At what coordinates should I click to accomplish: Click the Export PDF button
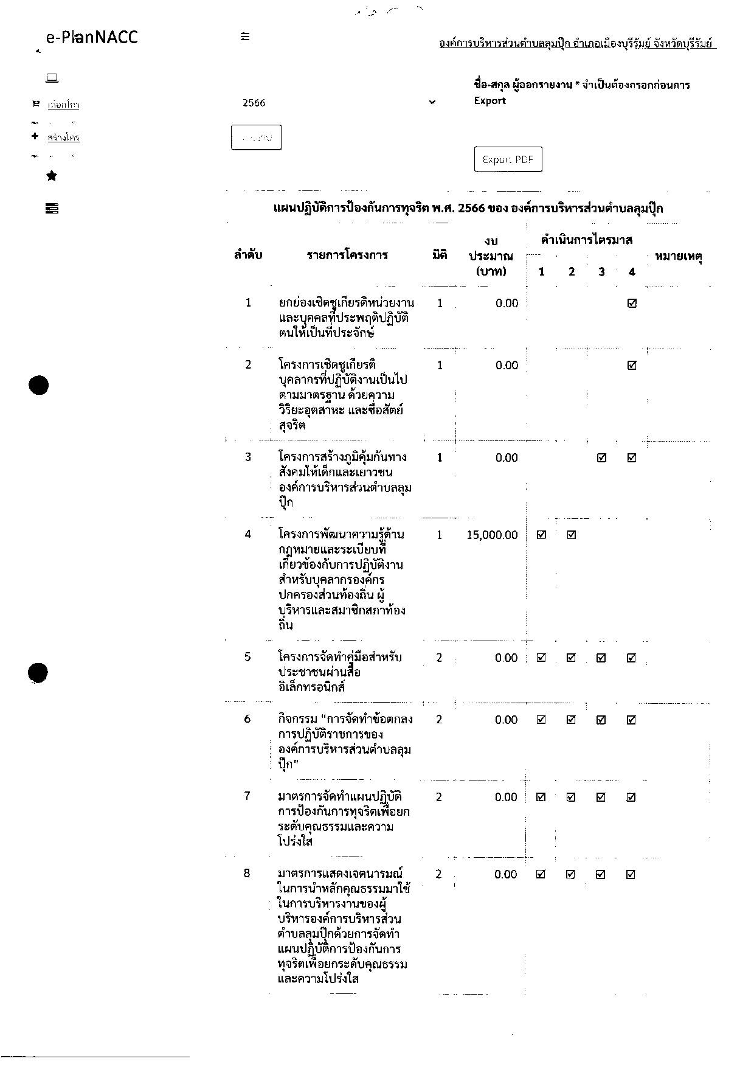[508, 159]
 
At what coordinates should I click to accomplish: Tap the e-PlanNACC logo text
[92, 37]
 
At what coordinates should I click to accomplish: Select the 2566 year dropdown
[338, 103]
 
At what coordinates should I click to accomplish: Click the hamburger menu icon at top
[245, 36]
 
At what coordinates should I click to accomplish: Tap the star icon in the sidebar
[52, 176]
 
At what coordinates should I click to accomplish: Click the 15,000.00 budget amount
[492, 535]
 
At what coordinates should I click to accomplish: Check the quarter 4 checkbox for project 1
[632, 304]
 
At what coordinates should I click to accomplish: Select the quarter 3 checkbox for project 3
[601, 458]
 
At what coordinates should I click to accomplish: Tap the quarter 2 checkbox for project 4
[572, 535]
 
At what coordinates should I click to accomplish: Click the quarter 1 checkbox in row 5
[541, 658]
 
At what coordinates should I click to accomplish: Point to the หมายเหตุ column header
[679, 256]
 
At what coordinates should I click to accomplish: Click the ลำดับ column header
[248, 255]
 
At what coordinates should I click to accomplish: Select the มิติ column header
[440, 255]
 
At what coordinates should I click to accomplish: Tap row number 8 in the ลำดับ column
[247, 874]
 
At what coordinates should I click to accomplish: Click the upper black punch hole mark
[39, 385]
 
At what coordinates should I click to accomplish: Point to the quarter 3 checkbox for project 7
[601, 797]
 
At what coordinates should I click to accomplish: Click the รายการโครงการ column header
[347, 255]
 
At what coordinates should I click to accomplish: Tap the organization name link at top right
[577, 44]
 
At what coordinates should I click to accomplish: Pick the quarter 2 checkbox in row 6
[571, 720]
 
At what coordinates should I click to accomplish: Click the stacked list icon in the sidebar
[52, 209]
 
